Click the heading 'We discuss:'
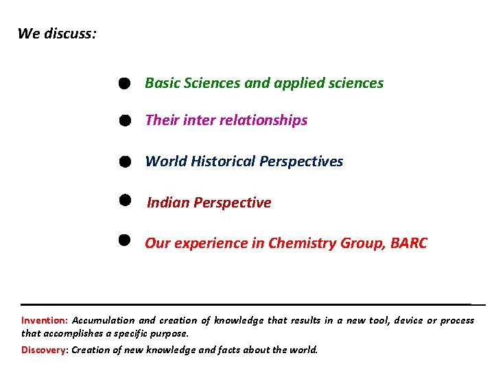[x=57, y=33]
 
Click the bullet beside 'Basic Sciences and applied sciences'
[x=123, y=83]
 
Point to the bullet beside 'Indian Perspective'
[x=123, y=199]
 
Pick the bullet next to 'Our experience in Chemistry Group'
[x=123, y=240]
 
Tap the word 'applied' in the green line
[x=299, y=83]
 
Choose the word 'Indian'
[x=168, y=203]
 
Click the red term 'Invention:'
[x=45, y=320]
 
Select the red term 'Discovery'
[x=43, y=349]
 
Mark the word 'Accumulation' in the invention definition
[x=103, y=320]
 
